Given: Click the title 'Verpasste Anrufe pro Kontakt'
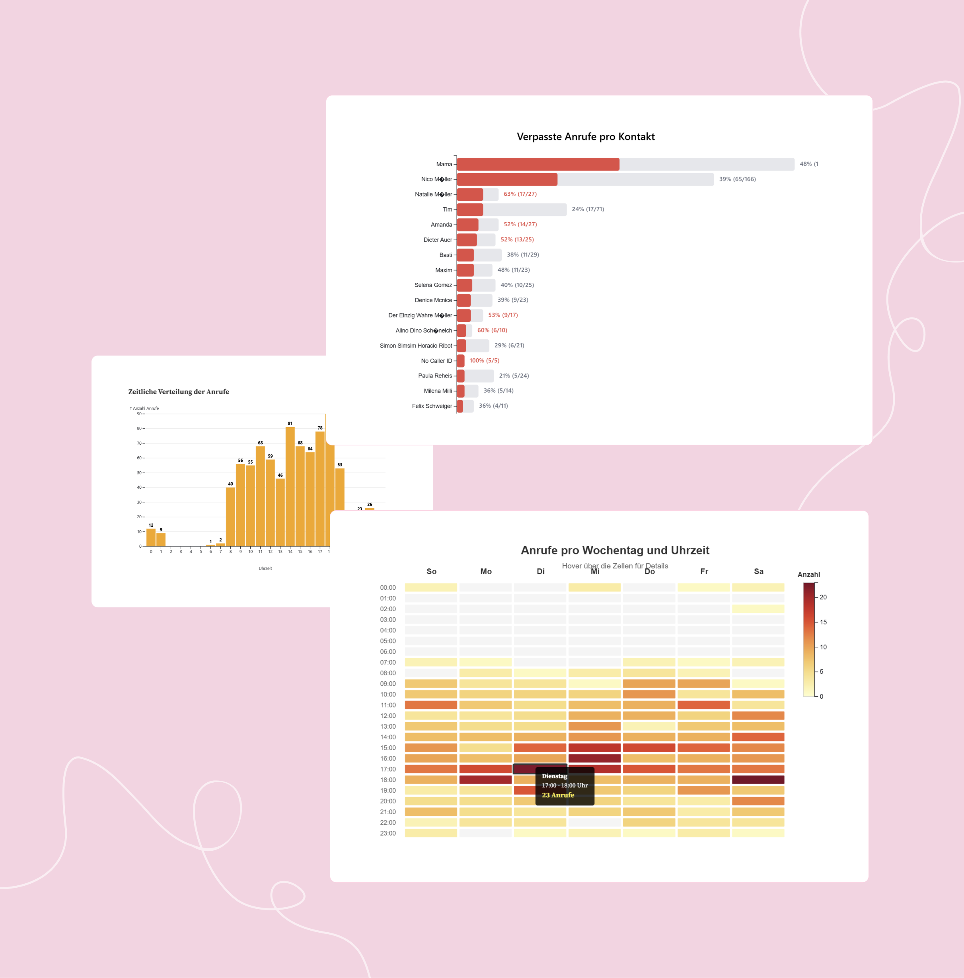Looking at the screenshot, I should [585, 137].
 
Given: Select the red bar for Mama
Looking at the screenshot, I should [538, 164].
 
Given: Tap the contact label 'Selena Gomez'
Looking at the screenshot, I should [433, 285].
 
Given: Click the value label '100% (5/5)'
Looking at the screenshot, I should [484, 360].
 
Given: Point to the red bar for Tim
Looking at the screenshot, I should [470, 210].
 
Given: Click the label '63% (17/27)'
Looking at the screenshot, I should [520, 194].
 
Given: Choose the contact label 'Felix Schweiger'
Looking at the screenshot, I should [431, 406].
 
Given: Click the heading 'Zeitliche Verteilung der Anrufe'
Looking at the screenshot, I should [178, 392].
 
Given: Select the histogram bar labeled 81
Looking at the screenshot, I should [290, 486].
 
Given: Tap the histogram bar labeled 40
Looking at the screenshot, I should [230, 516].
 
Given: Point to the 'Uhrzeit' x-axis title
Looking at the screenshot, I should [265, 568].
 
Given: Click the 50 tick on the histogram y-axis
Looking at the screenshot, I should [139, 473].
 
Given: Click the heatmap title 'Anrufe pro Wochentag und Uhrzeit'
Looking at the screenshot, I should [615, 550].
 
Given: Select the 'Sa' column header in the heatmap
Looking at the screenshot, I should [758, 572].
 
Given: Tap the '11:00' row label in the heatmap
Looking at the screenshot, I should [388, 705].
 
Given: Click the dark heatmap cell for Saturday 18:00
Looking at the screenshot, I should [758, 780].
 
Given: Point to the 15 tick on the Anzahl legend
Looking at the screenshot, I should [823, 622].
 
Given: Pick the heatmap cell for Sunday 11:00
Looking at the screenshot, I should [431, 705].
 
